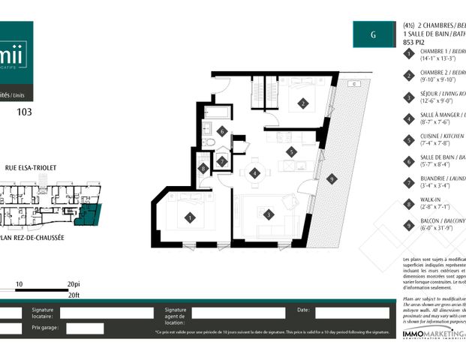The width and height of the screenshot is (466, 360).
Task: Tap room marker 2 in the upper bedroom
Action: (x=303, y=104)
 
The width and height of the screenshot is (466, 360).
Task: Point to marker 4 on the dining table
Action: (x=255, y=173)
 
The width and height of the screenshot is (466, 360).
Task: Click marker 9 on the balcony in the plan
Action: (x=331, y=178)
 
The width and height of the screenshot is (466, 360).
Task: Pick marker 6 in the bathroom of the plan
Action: (x=222, y=131)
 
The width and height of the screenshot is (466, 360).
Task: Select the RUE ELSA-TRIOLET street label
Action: (x=32, y=169)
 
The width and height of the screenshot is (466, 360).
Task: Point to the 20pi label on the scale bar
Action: (x=73, y=285)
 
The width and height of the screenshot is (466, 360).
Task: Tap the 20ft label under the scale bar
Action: (x=73, y=296)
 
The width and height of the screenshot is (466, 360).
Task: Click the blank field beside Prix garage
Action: (x=84, y=328)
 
